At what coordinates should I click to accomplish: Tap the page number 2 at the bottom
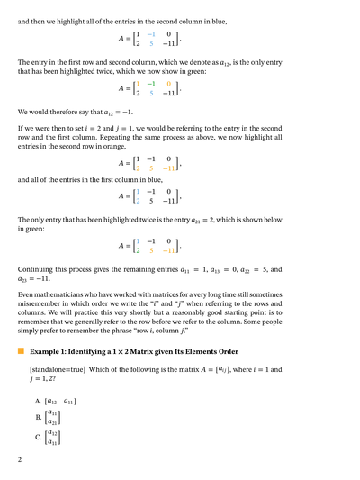coord(20,459)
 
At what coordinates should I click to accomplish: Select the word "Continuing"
coord(39,268)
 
